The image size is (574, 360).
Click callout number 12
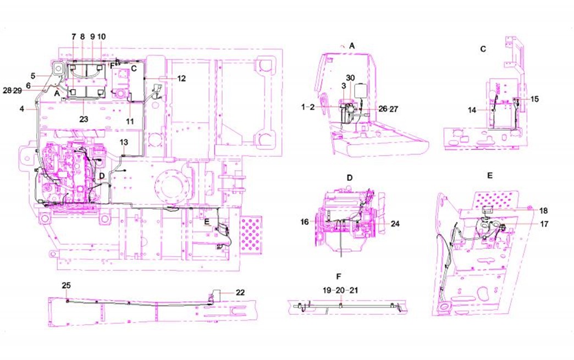tap(181, 79)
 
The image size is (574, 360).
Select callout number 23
tap(84, 119)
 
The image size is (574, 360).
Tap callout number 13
tap(124, 142)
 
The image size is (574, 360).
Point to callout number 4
tap(22, 109)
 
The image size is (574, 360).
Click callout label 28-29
tap(13, 90)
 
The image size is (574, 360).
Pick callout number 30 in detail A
tap(350, 78)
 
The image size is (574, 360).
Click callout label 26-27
tap(388, 109)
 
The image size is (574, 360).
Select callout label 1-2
tap(308, 107)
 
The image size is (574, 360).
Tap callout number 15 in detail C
tap(535, 99)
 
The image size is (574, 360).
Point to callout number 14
tap(472, 110)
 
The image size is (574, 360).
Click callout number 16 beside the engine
tap(305, 221)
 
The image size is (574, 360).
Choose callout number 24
tap(395, 224)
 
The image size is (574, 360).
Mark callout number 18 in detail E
tap(544, 211)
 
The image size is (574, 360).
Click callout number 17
tap(544, 224)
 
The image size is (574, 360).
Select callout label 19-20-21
tap(340, 290)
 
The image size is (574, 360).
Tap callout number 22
tap(240, 293)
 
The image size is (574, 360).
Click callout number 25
tap(67, 285)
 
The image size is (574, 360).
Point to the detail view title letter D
tap(350, 178)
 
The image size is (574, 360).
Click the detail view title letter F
tap(339, 276)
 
